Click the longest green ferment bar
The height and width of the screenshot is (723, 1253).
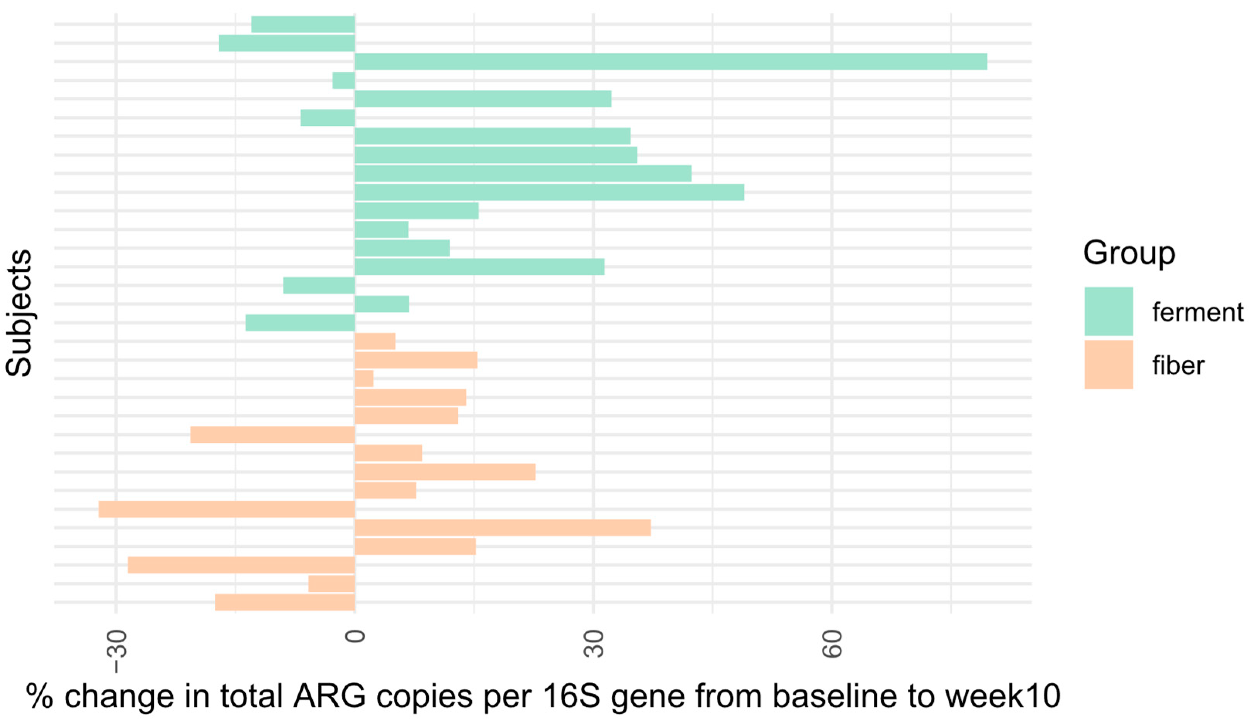[x=671, y=62]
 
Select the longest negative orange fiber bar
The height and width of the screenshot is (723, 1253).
[x=227, y=509]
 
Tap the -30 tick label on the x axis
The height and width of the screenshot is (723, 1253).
[x=117, y=651]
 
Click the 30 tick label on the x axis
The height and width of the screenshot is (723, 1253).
[x=594, y=643]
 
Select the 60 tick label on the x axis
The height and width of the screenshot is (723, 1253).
[x=832, y=643]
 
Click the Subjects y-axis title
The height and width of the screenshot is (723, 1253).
[x=19, y=313]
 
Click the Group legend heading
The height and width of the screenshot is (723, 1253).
[x=1129, y=253]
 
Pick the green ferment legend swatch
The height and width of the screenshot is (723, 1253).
[x=1109, y=312]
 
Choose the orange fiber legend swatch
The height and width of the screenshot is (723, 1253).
[x=1109, y=364]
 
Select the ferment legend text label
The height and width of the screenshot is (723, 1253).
[x=1197, y=312]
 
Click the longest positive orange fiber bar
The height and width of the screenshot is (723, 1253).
[x=503, y=528]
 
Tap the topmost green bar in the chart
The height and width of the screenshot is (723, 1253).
[x=303, y=24]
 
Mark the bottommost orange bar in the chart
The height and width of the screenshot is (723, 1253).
[x=285, y=602]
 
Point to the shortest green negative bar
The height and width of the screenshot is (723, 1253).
[x=343, y=80]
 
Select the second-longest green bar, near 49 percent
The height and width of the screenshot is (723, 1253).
[x=549, y=192]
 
